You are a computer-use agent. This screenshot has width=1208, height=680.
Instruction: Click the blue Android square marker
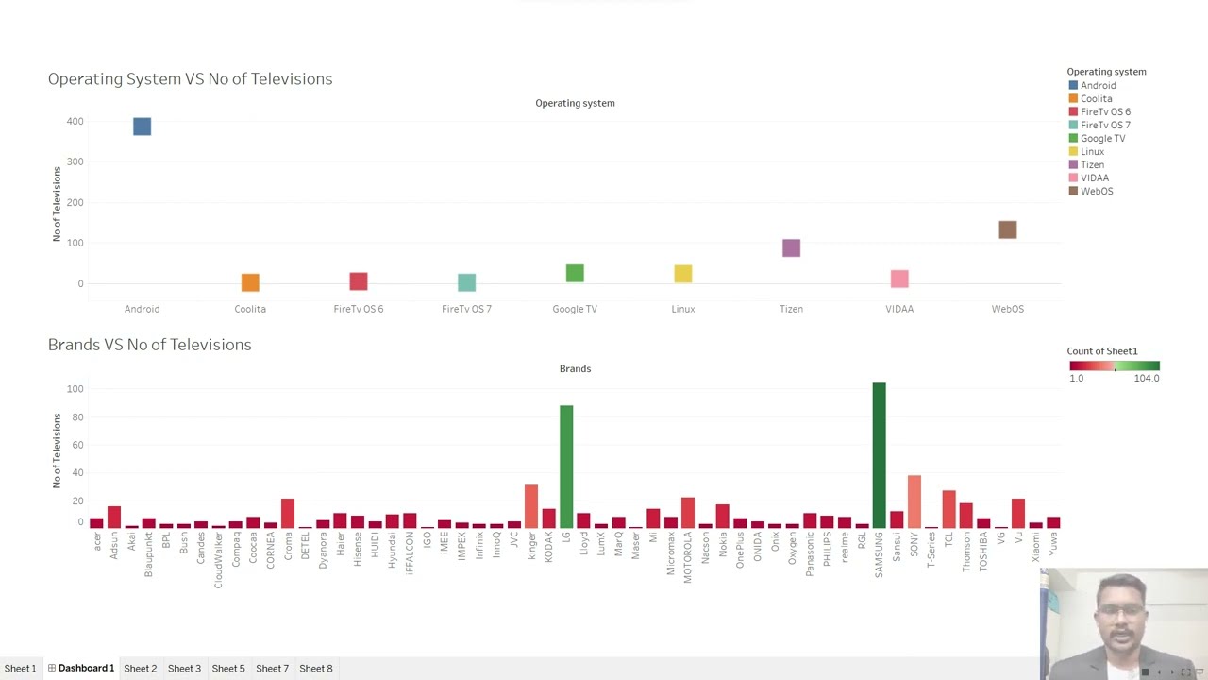(142, 127)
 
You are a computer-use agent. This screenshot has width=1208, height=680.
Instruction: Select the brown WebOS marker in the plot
(1007, 229)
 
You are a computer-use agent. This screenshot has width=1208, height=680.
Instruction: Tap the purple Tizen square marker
(791, 247)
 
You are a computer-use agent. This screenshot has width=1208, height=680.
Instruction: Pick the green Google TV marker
(575, 273)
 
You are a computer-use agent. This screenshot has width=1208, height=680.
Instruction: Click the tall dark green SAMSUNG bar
(879, 455)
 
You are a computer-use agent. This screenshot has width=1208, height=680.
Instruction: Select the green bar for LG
(566, 467)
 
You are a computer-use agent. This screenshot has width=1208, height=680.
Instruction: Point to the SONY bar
(914, 501)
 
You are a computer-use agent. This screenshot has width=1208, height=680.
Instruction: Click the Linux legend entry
(1092, 151)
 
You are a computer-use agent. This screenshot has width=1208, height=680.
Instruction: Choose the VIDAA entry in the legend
(1094, 178)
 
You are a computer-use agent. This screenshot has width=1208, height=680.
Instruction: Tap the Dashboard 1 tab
(85, 669)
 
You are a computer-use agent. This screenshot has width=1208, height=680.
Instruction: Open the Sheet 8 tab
(315, 669)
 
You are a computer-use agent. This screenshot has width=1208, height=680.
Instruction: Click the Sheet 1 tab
(20, 669)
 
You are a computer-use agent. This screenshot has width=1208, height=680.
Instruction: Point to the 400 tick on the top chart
(75, 121)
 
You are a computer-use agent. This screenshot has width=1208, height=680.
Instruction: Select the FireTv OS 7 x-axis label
(466, 309)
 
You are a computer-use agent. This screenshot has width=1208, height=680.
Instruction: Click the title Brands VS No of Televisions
(149, 345)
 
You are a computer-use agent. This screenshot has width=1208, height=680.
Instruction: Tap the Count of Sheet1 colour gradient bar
(1114, 365)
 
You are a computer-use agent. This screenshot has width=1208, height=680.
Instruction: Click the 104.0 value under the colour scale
(1146, 378)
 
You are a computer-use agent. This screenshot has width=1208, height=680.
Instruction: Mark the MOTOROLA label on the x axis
(688, 557)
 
